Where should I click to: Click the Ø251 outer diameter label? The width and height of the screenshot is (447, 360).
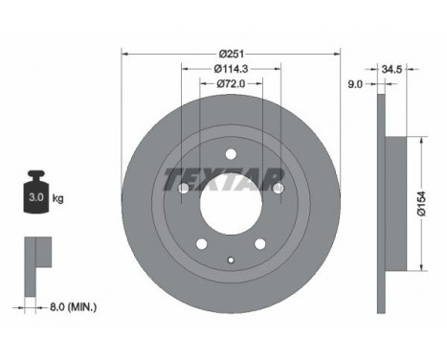click(x=232, y=54)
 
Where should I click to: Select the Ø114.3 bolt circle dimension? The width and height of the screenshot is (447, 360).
click(x=231, y=68)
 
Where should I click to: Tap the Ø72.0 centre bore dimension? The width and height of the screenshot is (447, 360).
click(x=231, y=83)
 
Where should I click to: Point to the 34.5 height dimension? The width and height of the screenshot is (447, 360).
click(x=391, y=69)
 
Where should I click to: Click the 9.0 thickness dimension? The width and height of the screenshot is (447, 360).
click(x=355, y=84)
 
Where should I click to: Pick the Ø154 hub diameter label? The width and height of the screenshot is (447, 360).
click(x=421, y=204)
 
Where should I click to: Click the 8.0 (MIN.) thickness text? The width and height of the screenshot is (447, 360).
click(x=73, y=307)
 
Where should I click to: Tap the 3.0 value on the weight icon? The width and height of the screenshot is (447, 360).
click(x=36, y=197)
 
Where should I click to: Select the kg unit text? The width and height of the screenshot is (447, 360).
click(x=57, y=198)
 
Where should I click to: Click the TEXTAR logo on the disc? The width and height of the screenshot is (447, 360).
click(x=224, y=180)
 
